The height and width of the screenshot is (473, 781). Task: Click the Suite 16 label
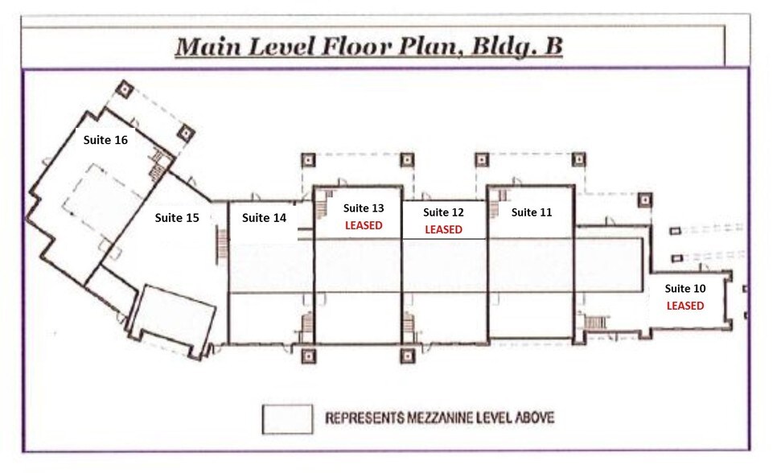[106, 139]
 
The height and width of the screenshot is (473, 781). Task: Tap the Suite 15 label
[176, 217]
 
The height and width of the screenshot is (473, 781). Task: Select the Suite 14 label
[264, 217]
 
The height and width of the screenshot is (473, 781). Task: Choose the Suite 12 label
[443, 213]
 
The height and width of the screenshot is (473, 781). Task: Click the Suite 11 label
[532, 212]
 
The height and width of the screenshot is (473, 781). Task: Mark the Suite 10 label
[684, 289]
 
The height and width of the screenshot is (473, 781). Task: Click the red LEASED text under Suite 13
[364, 225]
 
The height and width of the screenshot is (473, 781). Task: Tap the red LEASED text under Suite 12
[443, 229]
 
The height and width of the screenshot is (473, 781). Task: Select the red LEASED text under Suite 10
[684, 306]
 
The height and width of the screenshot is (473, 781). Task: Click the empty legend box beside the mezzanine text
[287, 418]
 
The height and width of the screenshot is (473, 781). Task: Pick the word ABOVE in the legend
[532, 418]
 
